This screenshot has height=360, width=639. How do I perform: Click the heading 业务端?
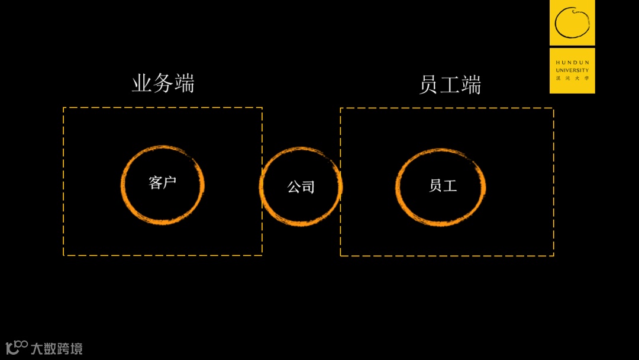[x=163, y=83]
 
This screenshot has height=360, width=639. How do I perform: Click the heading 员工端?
[x=450, y=85]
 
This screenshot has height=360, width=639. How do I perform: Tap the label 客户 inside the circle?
[x=163, y=182]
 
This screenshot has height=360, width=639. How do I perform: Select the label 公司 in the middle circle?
[x=301, y=187]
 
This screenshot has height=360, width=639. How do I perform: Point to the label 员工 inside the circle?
[x=443, y=185]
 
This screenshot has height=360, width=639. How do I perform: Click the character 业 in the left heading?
[x=142, y=83]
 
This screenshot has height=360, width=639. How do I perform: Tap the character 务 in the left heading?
[x=163, y=83]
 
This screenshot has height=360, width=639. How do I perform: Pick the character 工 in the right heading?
[x=450, y=85]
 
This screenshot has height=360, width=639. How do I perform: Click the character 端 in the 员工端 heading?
[x=471, y=85]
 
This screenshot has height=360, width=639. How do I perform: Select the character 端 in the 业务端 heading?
[x=184, y=83]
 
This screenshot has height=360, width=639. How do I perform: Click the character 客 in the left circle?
[x=156, y=182]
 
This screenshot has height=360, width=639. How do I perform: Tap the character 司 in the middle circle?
[x=308, y=187]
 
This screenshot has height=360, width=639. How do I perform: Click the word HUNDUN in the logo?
[x=572, y=62]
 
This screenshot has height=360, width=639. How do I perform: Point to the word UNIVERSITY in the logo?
[x=572, y=70]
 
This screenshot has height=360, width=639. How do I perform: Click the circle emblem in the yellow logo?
[x=572, y=22]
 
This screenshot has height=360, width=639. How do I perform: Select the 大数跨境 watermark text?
[x=57, y=348]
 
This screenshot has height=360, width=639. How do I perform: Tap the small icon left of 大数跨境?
[x=16, y=347]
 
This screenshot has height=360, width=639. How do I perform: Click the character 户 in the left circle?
[x=170, y=182]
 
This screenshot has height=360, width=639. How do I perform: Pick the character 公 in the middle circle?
[x=293, y=187]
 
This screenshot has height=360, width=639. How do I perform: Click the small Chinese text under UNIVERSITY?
[x=572, y=78]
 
